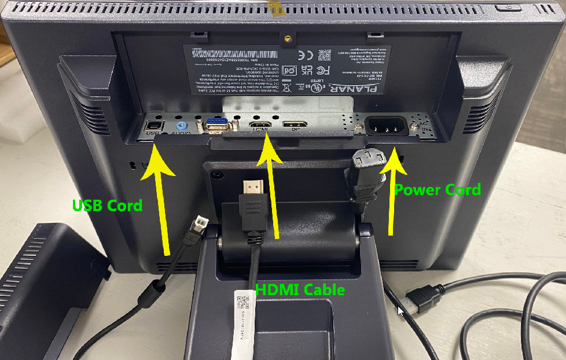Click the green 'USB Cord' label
click(107, 205)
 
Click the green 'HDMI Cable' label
click(300, 289)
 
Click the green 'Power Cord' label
click(437, 189)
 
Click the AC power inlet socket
click(384, 125)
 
